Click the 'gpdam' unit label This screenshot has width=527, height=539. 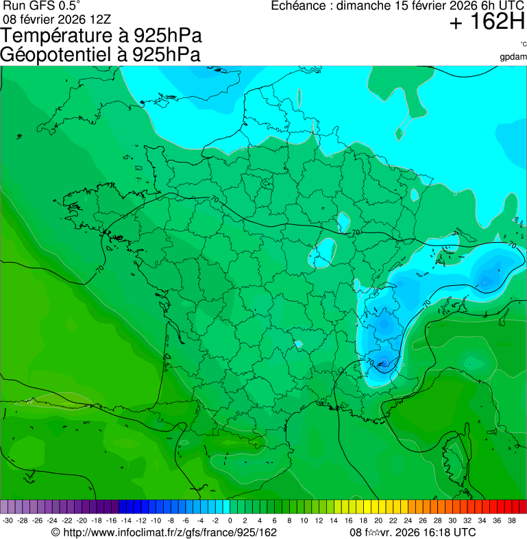pyautogui.click(x=513, y=56)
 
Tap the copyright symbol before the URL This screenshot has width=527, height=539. pyautogui.click(x=56, y=532)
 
